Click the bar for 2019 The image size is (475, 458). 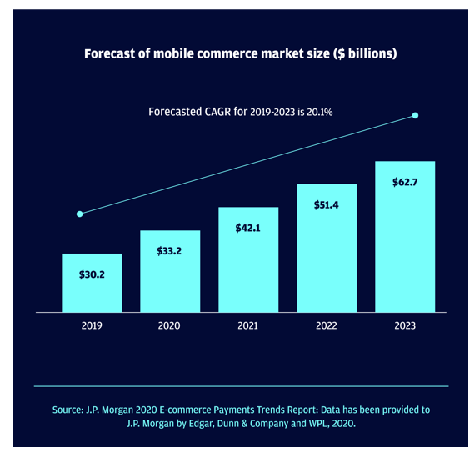point(92,283)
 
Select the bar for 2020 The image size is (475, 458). point(170,271)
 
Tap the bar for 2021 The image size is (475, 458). point(248,259)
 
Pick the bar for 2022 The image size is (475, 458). point(327,248)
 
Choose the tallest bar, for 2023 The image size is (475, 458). point(405,237)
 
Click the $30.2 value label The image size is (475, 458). point(92,274)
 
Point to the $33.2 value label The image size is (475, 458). point(169,251)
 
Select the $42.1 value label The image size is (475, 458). point(247,228)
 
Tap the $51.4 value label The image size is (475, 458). point(327,205)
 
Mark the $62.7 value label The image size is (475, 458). point(405,182)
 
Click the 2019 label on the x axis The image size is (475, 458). point(92,325)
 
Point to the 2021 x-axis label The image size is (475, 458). point(247,325)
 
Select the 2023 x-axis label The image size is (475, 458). point(405,325)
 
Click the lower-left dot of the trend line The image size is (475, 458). point(80,214)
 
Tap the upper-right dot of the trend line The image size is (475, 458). point(415,116)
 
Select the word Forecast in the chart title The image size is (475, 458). point(110,53)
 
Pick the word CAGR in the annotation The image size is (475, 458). point(217,112)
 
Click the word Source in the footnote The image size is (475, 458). point(67,410)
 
